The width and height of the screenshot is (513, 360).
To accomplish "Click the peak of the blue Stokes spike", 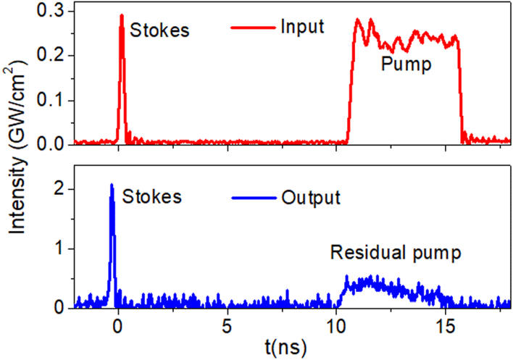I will click(x=112, y=185).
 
